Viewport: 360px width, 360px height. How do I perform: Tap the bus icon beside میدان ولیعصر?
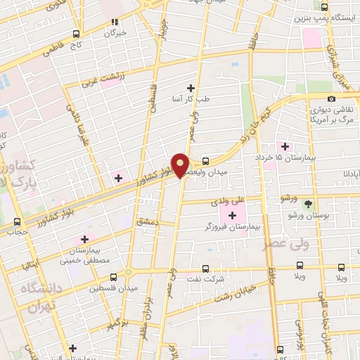[x=205, y=160]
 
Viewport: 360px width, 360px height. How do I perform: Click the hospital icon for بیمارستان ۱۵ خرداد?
[x=284, y=146]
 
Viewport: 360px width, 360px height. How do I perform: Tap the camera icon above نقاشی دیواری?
[x=331, y=98]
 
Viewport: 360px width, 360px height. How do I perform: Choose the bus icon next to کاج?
[x=76, y=33]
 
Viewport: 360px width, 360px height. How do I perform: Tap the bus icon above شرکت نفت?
[x=205, y=268]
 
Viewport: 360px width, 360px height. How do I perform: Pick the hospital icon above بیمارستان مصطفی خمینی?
[x=86, y=239]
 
